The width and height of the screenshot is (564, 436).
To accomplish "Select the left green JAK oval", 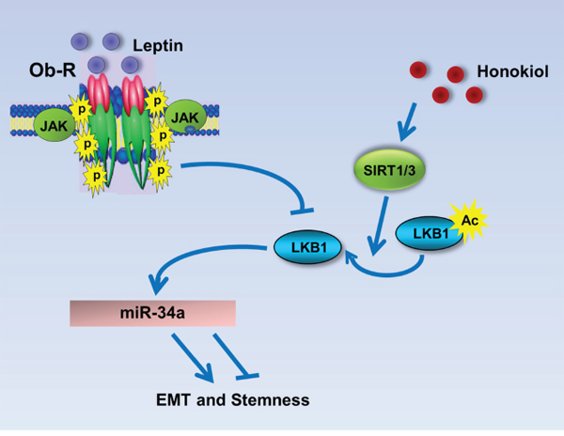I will [54, 122].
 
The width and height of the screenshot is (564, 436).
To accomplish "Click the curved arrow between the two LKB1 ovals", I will [395, 274].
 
